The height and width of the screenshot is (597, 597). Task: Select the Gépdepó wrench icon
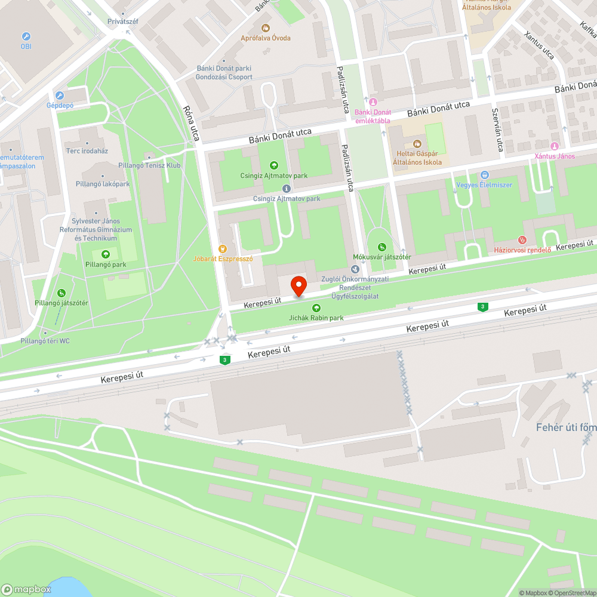(x=59, y=96)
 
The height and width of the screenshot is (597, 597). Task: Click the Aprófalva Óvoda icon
(x=266, y=27)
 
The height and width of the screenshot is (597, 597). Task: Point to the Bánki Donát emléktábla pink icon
(x=374, y=102)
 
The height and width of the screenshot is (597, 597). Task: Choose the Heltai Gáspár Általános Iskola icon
(x=417, y=143)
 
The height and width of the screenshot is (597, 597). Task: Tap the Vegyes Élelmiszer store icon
(x=484, y=175)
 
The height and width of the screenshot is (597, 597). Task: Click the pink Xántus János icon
(x=555, y=146)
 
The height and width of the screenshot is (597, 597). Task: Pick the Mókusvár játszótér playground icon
(x=382, y=247)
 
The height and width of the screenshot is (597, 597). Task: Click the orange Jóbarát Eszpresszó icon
(x=223, y=248)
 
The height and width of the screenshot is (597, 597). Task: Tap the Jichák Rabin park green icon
(x=316, y=308)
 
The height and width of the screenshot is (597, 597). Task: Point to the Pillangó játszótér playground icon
(x=61, y=293)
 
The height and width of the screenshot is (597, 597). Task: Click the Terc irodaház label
(x=87, y=151)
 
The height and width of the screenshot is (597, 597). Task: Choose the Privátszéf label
(x=123, y=21)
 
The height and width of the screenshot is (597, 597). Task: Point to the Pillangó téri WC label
(x=45, y=341)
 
